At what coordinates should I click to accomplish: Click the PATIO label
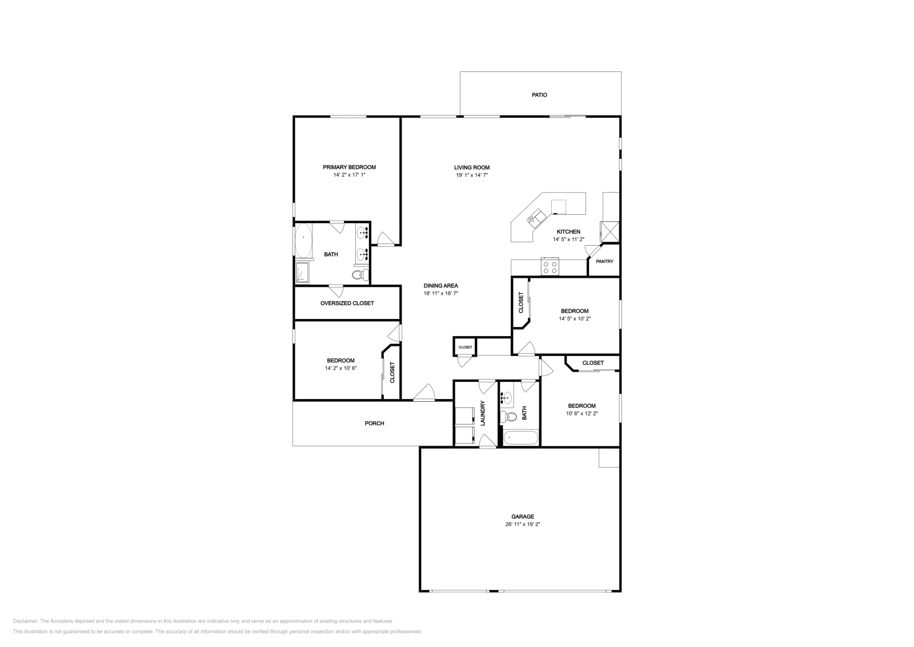point(539,95)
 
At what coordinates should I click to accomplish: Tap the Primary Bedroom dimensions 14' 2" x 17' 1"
point(349,175)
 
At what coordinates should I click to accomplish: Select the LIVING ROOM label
point(472,167)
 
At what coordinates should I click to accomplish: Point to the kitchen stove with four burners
point(550,267)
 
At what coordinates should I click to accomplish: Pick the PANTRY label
point(604,261)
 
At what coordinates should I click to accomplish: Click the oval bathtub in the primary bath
point(303,240)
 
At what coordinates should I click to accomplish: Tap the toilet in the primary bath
point(359,275)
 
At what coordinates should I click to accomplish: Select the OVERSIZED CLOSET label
point(347,303)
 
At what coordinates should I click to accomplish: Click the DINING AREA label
point(440,286)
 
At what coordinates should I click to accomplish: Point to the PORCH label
point(374,424)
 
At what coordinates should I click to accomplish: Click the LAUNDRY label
point(483,413)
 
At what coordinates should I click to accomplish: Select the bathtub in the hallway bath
point(520,438)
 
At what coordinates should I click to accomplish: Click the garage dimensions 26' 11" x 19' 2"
point(522,524)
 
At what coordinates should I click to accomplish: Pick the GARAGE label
point(523,516)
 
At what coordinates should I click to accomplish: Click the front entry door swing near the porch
point(425,392)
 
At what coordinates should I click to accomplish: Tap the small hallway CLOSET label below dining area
point(465,348)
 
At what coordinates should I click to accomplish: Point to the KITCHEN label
point(568,232)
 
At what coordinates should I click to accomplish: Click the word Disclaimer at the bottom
point(25,621)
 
